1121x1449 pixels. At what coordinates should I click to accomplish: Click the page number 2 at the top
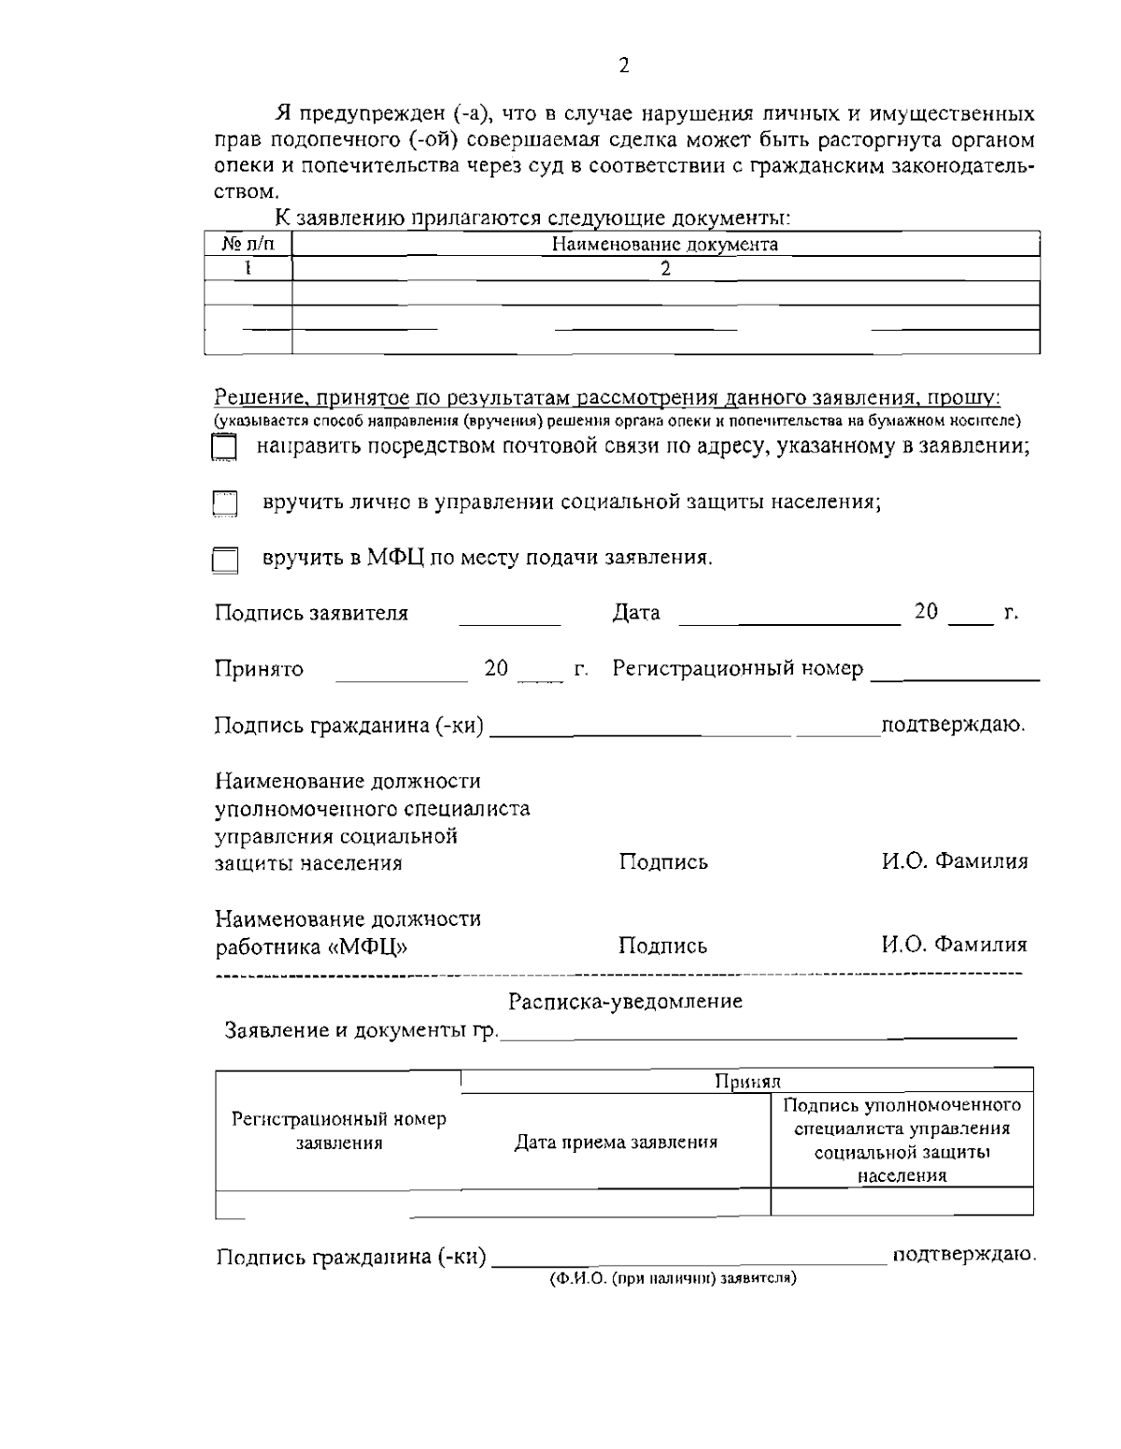click(624, 64)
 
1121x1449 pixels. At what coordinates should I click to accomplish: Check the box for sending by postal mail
click(223, 447)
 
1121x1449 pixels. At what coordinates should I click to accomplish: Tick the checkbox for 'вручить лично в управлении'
click(223, 504)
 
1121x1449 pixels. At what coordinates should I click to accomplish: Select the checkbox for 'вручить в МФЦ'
click(223, 560)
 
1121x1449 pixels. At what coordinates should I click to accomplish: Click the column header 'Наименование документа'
click(665, 245)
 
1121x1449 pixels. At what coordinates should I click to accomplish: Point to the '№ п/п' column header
click(248, 245)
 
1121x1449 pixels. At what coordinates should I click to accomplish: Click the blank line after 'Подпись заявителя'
click(509, 618)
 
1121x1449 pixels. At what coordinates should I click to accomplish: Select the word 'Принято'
click(259, 669)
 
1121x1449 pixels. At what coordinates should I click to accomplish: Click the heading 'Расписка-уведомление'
click(625, 1002)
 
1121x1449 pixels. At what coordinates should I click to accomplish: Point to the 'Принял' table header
click(746, 1081)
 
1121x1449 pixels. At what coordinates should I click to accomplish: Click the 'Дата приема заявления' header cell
click(617, 1142)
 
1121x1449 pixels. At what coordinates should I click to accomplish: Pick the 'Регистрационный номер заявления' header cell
click(339, 1130)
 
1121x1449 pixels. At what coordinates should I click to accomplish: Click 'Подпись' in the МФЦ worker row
click(663, 945)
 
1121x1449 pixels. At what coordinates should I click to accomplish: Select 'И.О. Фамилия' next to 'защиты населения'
click(955, 861)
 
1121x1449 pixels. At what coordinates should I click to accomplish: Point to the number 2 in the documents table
click(665, 269)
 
